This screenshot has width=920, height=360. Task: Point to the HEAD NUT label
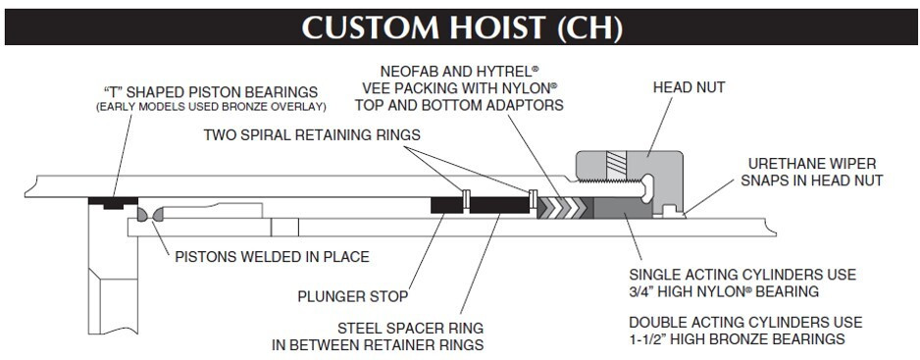click(x=689, y=87)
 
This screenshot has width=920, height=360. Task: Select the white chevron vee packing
click(x=563, y=207)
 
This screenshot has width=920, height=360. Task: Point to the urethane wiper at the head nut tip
click(x=687, y=209)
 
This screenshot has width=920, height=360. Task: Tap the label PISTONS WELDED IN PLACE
click(x=272, y=258)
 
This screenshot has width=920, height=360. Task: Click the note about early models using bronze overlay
click(x=211, y=106)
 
